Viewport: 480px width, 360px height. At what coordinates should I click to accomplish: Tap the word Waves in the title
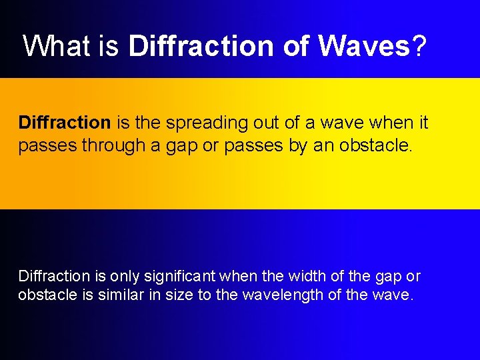[364, 46]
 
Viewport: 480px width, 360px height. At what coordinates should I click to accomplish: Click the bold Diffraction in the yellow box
[65, 123]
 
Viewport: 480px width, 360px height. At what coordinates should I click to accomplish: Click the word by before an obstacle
[299, 145]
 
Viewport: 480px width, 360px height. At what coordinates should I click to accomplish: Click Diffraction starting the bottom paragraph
[54, 276]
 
